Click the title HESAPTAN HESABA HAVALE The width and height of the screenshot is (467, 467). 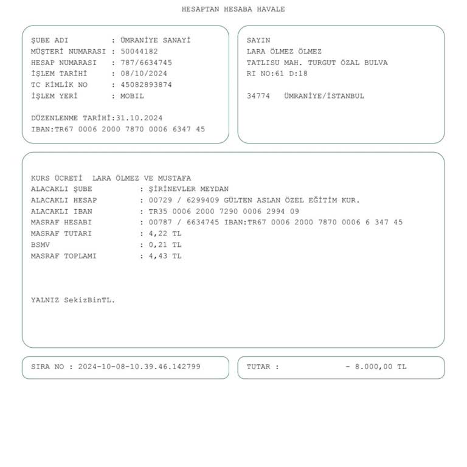pos(233,9)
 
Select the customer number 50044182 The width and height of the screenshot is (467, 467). pos(139,52)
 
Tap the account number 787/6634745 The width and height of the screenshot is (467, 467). pos(146,63)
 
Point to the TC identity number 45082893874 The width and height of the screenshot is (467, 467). pos(146,85)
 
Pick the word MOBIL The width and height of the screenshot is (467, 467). pos(132,96)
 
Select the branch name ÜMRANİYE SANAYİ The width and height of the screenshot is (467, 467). pos(155,41)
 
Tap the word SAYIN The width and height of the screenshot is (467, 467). pos(258,41)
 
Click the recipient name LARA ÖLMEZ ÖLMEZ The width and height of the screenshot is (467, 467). pos(284,52)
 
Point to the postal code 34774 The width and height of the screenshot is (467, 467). pos(258,96)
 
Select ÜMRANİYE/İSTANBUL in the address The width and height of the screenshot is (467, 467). pos(324,96)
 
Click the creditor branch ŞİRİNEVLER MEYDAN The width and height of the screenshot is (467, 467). pos(189,189)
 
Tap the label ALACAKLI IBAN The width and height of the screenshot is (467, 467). pos(61,212)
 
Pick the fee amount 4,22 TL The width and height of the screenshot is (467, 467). pos(165,233)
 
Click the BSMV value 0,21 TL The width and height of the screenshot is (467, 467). pos(165,244)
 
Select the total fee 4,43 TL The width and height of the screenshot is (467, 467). pos(165,256)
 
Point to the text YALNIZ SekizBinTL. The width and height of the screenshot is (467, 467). pos(73,300)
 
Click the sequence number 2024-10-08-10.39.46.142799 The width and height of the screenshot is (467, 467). pos(139,367)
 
